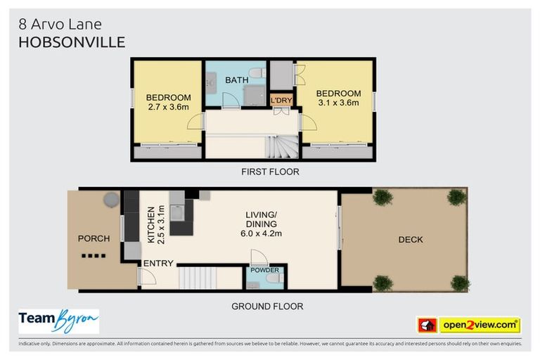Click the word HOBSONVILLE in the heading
click(x=72, y=42)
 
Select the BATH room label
click(x=236, y=80)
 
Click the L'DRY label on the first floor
click(x=281, y=101)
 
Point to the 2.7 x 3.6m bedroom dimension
click(x=168, y=107)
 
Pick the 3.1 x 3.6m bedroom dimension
click(x=338, y=103)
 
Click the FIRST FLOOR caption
click(x=269, y=172)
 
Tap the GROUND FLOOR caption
click(x=267, y=306)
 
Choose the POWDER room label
click(x=265, y=270)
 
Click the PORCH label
click(x=94, y=238)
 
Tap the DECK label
click(x=410, y=240)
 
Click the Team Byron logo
click(x=58, y=321)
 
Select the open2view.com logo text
click(x=480, y=325)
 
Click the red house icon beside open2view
click(x=427, y=325)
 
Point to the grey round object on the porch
click(x=111, y=200)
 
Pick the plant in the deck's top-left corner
click(x=382, y=198)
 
